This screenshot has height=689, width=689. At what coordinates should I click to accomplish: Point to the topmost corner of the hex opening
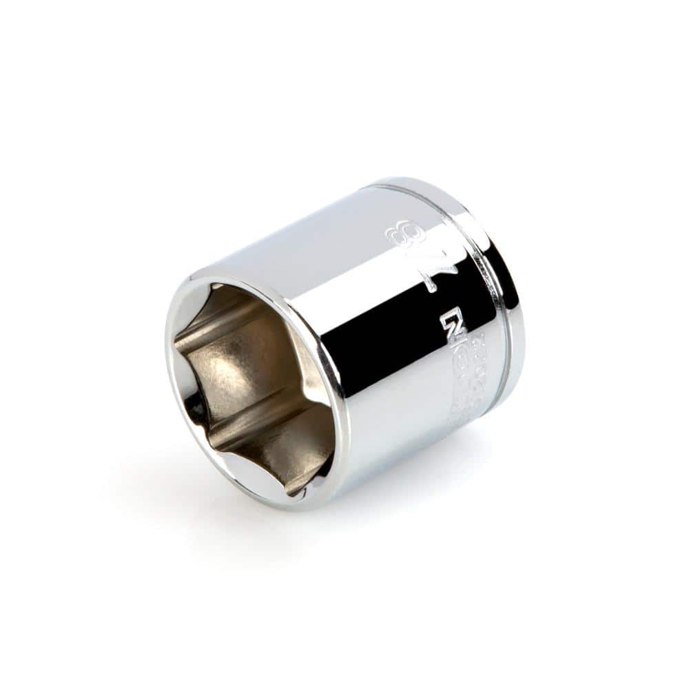[214, 286]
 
